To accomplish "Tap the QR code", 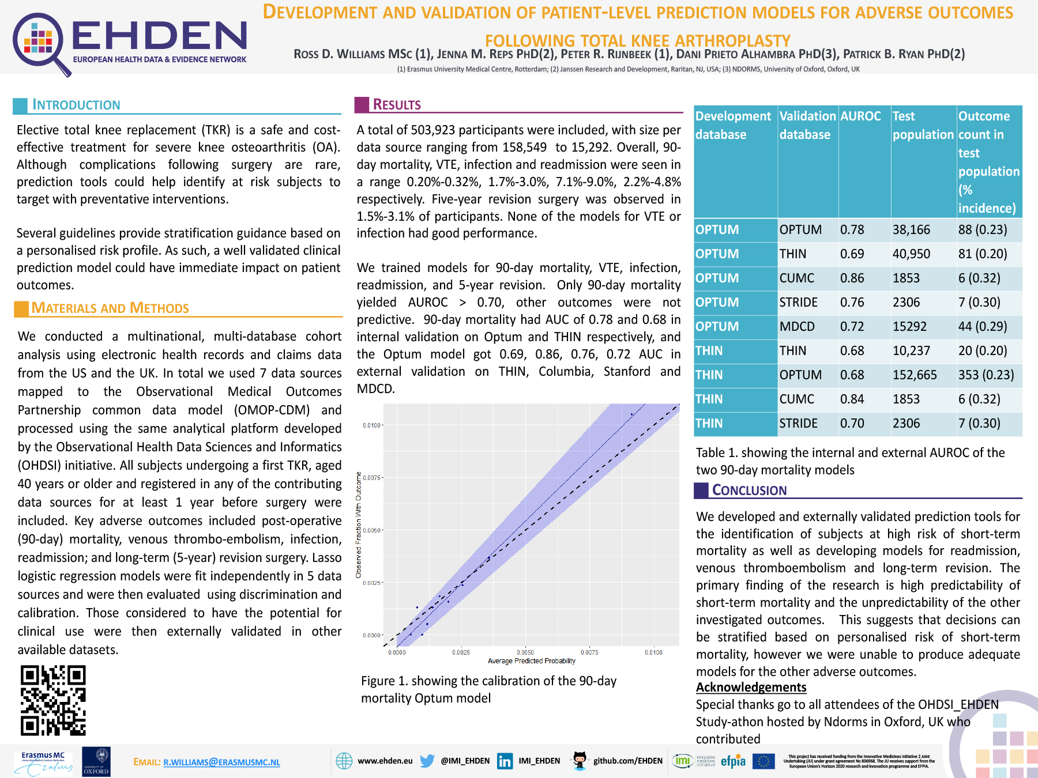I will pos(53,700).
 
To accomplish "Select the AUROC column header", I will pos(860,116).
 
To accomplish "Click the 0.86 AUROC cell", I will pos(852,278).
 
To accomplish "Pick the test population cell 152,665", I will pos(915,375).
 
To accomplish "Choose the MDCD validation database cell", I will pos(797,327).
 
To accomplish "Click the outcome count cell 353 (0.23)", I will pos(986,375).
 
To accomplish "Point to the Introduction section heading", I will pos(76,105).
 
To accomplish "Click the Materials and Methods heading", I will pos(110,308).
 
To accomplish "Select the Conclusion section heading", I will pos(749,490).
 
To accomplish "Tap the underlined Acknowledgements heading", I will pos(751,688).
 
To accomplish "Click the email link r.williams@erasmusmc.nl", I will pos(221,762).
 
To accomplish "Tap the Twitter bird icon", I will pos(427,761).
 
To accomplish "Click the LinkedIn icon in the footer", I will pos(505,761).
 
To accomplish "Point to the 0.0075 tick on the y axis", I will pos(371,478).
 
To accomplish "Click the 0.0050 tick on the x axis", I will pos(525,652).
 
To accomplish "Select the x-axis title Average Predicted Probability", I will pos(531,661).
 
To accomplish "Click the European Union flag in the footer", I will pos(764,761).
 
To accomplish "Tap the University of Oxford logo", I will pos(96,761).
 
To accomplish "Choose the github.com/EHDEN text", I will pos(627,761).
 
